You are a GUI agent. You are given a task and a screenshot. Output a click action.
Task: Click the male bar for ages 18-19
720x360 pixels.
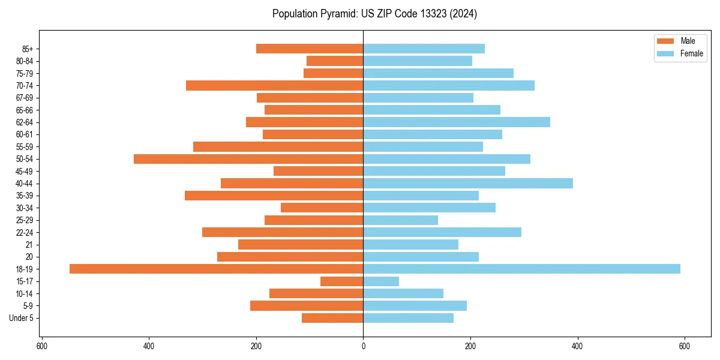coord(216,269)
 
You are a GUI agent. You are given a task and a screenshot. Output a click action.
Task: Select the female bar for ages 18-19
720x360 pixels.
coord(521,269)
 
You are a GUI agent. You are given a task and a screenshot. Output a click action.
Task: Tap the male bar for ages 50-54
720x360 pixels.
coord(248,159)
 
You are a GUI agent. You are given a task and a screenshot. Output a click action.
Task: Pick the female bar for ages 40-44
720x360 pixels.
coord(468,184)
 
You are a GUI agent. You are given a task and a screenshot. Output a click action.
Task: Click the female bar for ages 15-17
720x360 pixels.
coord(381,281)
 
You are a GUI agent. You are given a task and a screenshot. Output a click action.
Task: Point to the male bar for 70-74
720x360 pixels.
coord(274,86)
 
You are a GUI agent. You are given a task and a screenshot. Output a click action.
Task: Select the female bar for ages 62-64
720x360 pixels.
coord(457,122)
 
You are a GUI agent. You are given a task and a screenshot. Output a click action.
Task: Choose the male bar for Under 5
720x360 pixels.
coord(332,318)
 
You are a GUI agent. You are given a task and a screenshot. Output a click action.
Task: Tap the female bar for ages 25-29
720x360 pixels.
coord(400,220)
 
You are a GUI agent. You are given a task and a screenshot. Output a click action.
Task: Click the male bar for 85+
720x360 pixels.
coord(310,49)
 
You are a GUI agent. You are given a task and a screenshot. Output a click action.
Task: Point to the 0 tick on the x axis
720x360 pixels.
coord(363,346)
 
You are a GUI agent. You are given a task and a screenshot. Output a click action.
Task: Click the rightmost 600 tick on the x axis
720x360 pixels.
coord(684,346)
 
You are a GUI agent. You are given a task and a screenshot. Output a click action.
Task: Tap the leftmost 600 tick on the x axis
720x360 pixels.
coord(42,346)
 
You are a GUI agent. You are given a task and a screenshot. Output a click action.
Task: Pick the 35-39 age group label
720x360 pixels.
coord(25,196)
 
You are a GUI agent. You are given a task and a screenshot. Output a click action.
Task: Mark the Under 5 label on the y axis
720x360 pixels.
coord(22,318)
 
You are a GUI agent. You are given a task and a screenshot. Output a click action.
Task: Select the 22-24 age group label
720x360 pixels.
coord(25,232)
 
